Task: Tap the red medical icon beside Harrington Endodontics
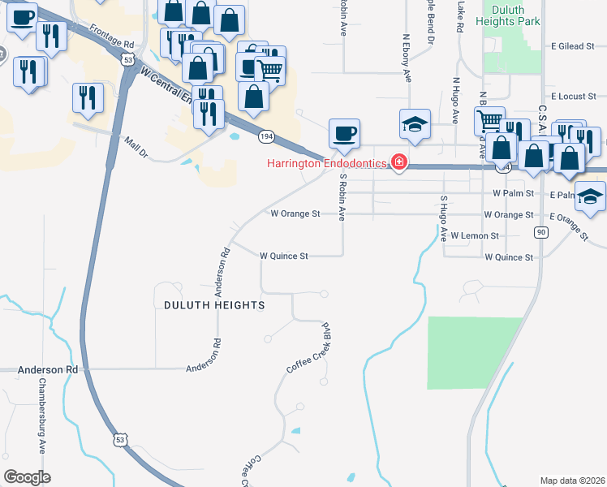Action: click(398, 163)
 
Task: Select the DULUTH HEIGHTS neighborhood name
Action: click(214, 305)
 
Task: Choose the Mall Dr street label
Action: click(135, 147)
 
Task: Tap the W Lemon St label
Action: click(472, 235)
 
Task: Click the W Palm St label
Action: click(513, 194)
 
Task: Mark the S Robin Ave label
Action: click(343, 197)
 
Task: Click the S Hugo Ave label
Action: click(444, 219)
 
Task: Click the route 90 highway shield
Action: click(540, 232)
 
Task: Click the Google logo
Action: click(27, 477)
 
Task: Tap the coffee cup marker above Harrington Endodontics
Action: click(343, 134)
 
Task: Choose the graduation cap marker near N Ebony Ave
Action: click(414, 124)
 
